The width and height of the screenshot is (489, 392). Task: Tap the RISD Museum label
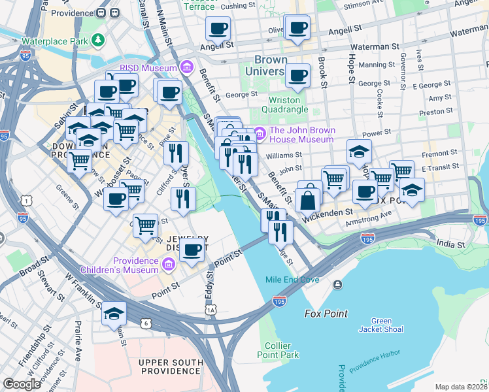pos(148,68)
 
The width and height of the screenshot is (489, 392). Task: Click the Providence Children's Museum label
pos(119,265)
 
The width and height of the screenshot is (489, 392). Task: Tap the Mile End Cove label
pos(292,280)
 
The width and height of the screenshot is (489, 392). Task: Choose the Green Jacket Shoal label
pos(381,325)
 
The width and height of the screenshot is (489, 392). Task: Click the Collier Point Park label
pos(282,350)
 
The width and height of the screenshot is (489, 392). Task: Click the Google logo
pos(22,384)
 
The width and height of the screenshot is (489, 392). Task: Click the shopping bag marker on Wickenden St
pos(307,199)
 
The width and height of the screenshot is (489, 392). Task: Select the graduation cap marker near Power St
pos(359,152)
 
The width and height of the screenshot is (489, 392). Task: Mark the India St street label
pos(451,244)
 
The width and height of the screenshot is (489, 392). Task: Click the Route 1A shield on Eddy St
pos(210,310)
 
